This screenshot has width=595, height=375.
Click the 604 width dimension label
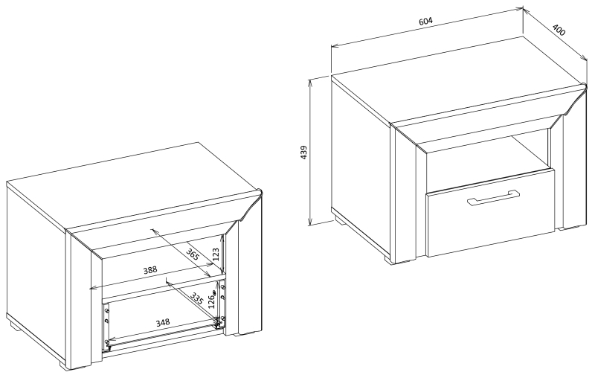click(425, 22)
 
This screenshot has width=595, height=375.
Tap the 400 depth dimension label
click(559, 30)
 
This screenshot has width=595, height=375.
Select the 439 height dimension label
click(304, 153)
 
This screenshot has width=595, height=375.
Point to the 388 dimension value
click(149, 270)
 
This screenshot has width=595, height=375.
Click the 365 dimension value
click(193, 254)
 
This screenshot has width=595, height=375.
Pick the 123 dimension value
click(215, 254)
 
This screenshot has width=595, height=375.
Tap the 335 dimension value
click(196, 298)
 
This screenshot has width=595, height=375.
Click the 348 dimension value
click(163, 323)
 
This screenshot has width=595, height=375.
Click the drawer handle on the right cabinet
click(494, 197)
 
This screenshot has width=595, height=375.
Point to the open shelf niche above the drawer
click(488, 156)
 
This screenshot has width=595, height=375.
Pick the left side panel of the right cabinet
click(361, 163)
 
